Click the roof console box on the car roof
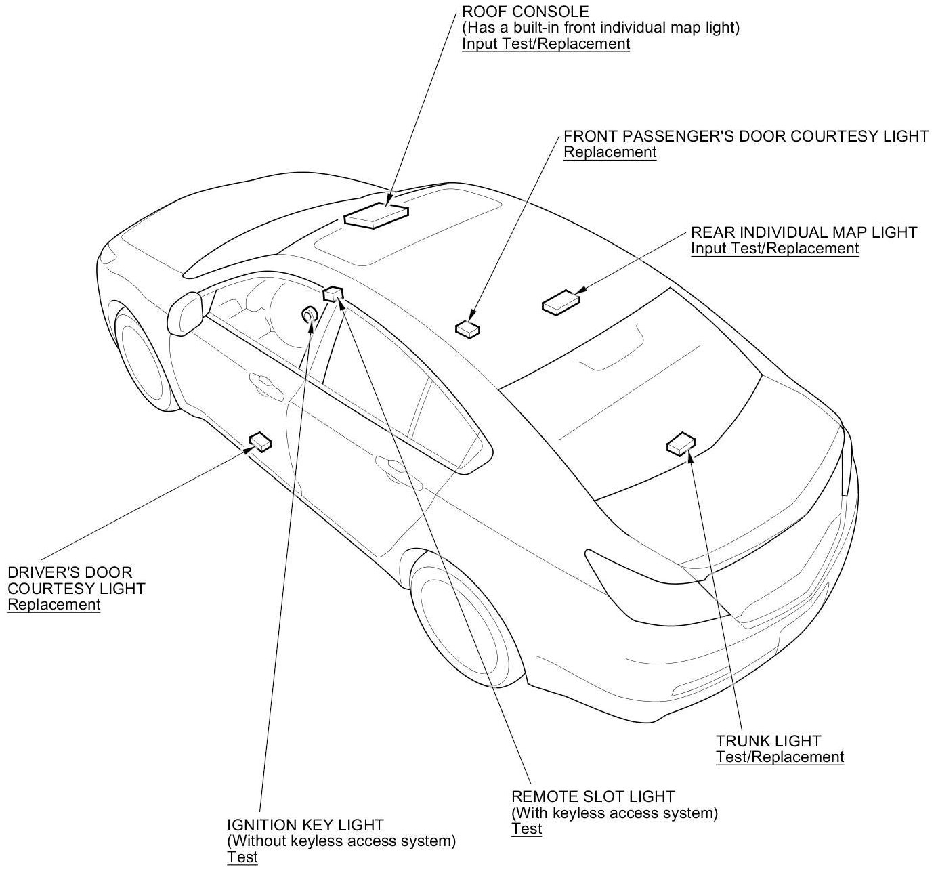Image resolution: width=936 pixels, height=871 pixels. pos(377,215)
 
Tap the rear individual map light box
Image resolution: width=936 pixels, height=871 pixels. pos(561,302)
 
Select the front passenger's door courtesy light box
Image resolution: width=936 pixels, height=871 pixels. pos(467,328)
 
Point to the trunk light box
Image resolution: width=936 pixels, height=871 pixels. pos(681,444)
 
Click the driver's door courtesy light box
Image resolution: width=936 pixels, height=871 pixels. pos(260,442)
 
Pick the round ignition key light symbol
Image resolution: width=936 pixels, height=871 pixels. pos(310,315)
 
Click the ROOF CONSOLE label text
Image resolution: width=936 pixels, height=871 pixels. pos(526,12)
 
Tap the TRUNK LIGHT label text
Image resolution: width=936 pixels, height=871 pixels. pos(768,741)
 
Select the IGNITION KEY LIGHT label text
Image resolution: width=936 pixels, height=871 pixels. pos(305,825)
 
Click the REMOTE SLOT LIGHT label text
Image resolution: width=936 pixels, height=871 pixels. pos(593,796)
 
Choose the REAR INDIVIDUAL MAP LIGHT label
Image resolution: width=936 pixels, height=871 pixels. pos(804,232)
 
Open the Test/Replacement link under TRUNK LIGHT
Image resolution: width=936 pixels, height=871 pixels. pos(780,757)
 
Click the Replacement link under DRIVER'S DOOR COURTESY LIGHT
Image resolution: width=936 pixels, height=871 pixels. pos(54,605)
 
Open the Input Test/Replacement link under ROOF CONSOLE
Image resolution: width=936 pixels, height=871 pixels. pos(546,44)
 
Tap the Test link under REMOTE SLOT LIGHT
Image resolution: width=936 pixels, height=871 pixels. pos(527,829)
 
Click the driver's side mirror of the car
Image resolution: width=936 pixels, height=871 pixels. pos(186,311)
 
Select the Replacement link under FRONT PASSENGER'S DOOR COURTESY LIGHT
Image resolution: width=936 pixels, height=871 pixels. pos(610,152)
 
